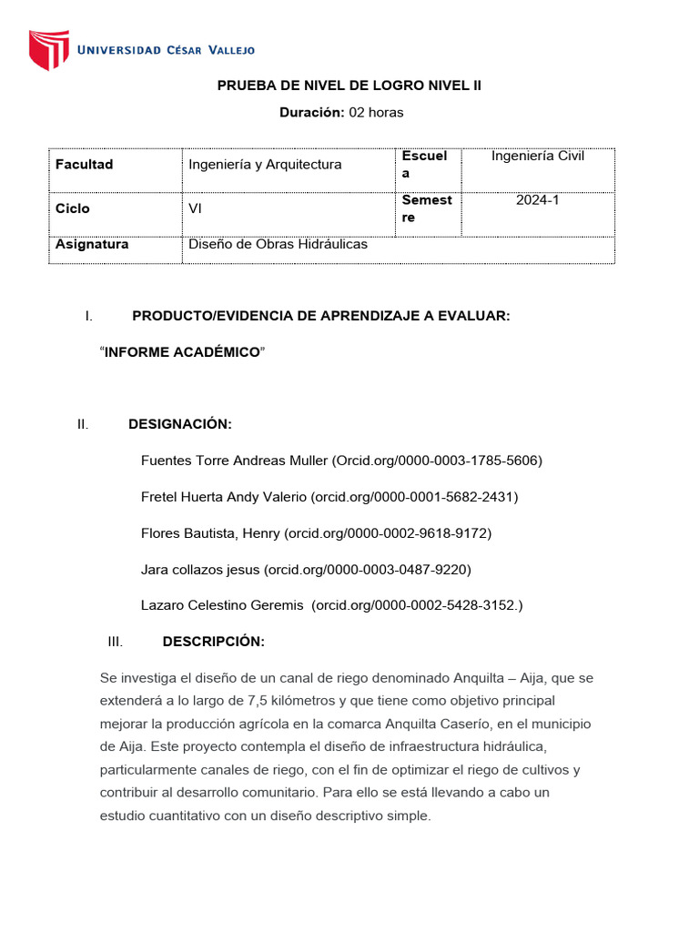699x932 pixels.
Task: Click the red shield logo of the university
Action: coord(49,50)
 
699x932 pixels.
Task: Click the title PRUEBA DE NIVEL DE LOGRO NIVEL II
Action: coord(349,86)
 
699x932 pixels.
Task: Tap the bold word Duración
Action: coord(311,113)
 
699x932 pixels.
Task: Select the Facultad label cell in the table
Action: coord(85,165)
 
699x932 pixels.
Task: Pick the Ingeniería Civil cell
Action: coord(538,157)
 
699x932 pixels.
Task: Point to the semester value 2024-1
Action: coord(538,200)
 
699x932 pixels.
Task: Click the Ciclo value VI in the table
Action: coord(195,208)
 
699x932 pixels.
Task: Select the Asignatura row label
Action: coord(92,245)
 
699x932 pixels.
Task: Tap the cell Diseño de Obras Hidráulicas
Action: coord(278,245)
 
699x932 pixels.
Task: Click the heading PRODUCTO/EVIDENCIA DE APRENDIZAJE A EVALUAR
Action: coord(321,316)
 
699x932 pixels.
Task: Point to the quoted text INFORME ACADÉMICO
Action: coord(182,352)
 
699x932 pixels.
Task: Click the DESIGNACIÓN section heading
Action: coord(180,424)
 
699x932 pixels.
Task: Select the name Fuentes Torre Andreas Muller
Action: coord(234,461)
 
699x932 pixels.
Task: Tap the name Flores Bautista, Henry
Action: coord(210,533)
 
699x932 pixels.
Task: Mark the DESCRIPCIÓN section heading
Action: coord(214,642)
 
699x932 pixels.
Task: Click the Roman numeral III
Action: coord(115,642)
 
